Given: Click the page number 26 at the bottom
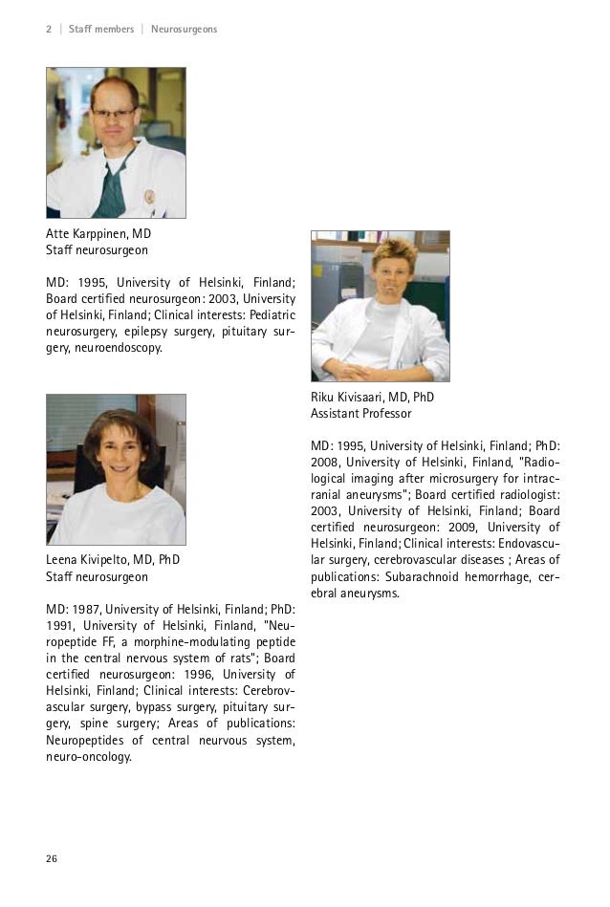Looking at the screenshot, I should coord(52,858).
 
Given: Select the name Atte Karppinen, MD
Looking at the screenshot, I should coord(98,233).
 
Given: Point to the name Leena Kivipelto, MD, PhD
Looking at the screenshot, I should coord(113,560).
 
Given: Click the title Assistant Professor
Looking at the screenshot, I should coord(360,414).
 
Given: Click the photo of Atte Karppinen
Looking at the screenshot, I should coord(116,142).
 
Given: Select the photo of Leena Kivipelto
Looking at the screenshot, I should coord(116,469).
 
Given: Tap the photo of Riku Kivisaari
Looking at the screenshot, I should coord(380,306).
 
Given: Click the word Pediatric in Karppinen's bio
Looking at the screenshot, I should coord(272,314).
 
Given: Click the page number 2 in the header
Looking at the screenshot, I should coord(49,30).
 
